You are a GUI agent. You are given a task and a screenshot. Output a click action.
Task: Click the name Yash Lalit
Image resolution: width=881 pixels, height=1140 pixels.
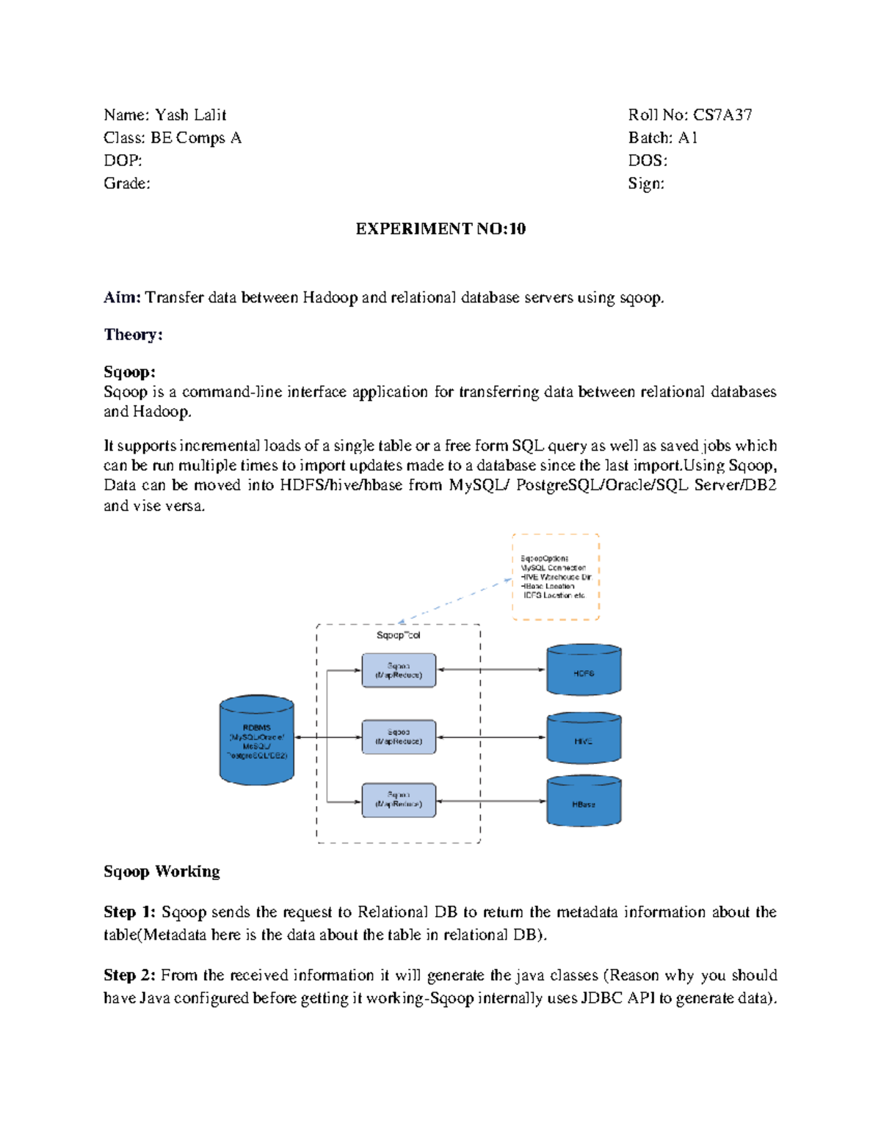pos(190,115)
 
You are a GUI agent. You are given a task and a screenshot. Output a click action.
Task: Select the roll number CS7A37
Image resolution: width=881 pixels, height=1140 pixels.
pos(722,115)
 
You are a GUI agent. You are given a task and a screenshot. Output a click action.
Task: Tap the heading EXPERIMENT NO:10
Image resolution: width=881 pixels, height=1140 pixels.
pos(440,229)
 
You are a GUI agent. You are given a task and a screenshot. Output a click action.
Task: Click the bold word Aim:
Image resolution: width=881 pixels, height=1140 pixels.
pos(122,297)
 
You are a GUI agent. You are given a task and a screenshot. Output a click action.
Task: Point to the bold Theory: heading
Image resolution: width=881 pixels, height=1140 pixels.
pos(133,335)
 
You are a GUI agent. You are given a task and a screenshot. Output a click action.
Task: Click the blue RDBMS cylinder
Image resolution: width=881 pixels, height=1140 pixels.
pos(257,740)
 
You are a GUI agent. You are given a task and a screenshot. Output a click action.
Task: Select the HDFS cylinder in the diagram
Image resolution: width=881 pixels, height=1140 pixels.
pos(584,670)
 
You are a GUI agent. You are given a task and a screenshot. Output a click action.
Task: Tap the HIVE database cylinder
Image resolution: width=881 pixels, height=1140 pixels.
pos(584,738)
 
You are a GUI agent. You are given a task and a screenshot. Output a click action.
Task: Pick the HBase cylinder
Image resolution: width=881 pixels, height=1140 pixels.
pos(584,802)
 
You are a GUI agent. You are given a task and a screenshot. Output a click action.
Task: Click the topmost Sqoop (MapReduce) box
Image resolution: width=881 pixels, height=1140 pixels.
pos(399,670)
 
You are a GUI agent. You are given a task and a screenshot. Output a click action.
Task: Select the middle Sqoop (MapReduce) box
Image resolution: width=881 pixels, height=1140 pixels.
pos(399,737)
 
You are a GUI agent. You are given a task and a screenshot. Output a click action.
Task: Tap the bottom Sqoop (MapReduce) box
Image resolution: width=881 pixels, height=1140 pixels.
pos(399,799)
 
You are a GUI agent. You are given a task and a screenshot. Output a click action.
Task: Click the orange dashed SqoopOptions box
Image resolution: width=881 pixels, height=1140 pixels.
pos(556,577)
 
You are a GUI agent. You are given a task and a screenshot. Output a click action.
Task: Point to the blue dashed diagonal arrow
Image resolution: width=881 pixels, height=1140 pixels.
pos(455,601)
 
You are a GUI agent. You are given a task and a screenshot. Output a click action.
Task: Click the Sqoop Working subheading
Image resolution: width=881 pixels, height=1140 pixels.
pos(162,871)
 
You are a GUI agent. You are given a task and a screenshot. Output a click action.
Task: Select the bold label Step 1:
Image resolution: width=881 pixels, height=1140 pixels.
pos(129,912)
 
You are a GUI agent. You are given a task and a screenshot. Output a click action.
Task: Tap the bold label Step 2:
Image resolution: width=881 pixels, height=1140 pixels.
pos(129,975)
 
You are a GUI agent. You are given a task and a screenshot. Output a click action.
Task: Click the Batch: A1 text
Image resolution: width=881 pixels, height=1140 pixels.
pos(662,138)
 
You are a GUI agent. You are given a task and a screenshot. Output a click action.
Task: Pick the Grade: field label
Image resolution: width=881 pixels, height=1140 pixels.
pos(127,184)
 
